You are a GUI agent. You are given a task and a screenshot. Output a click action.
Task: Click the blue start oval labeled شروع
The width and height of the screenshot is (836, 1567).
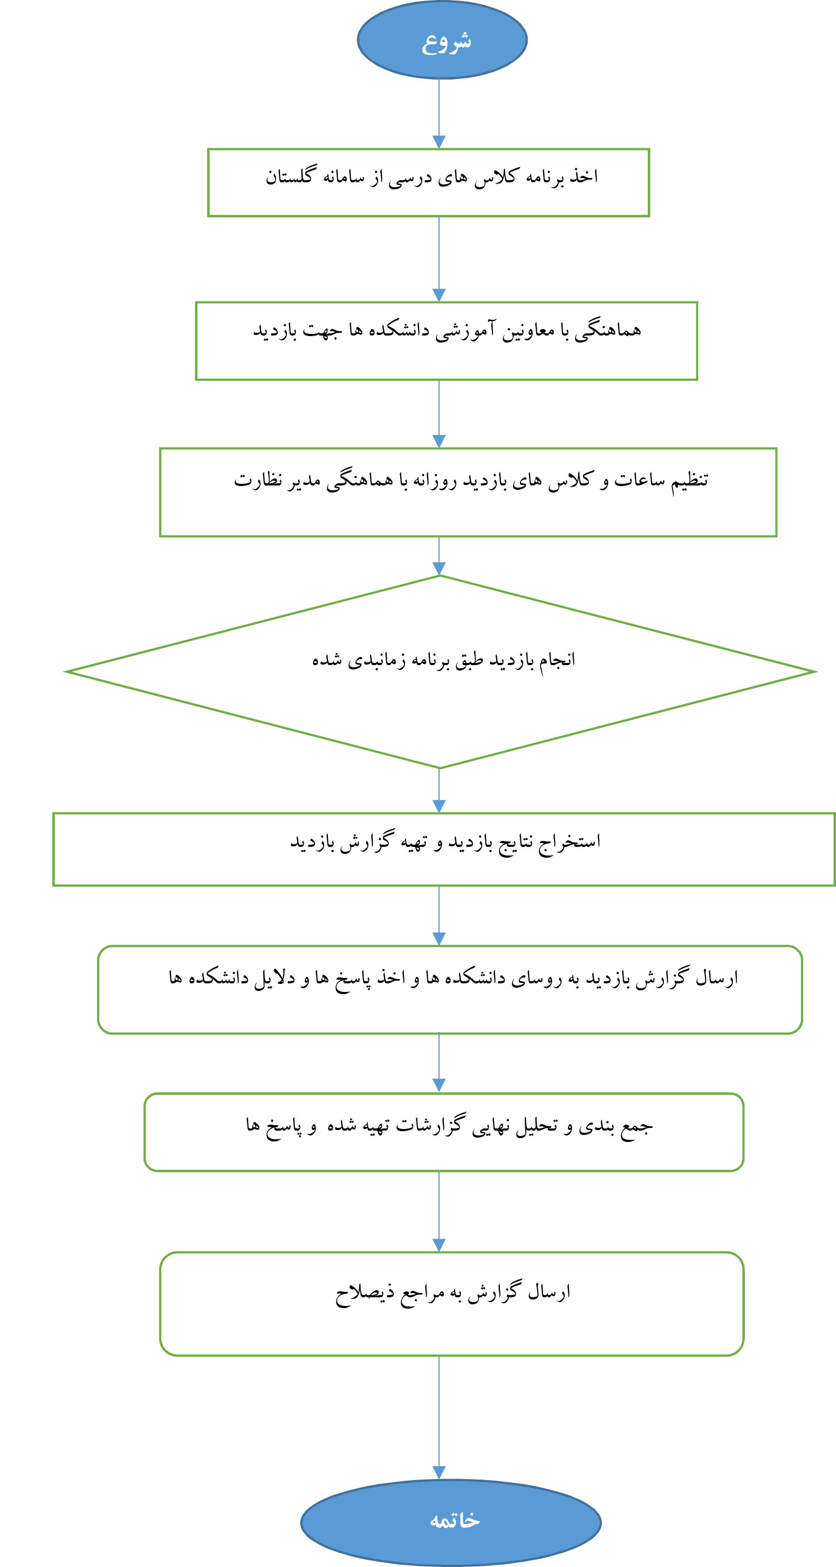(442, 39)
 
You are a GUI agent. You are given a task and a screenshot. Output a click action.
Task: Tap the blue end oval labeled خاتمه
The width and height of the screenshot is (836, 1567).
(451, 1522)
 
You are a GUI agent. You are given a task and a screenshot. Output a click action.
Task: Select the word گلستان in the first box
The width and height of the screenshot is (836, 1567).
(290, 176)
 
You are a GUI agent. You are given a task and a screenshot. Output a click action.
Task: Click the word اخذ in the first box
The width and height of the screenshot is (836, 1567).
(584, 176)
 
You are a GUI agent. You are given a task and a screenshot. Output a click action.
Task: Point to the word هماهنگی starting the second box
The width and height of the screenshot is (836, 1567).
(608, 330)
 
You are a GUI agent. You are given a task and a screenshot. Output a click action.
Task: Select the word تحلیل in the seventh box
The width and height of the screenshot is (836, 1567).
(537, 1126)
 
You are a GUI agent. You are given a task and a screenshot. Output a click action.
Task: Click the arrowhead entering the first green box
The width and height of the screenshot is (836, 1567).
(438, 142)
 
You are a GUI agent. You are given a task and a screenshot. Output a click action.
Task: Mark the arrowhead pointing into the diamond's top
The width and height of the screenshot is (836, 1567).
(438, 568)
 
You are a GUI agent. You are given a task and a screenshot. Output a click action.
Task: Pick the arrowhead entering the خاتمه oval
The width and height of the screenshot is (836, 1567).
(438, 1473)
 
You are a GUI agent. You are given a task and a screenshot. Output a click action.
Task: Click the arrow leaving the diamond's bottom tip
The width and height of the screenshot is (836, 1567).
(438, 790)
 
